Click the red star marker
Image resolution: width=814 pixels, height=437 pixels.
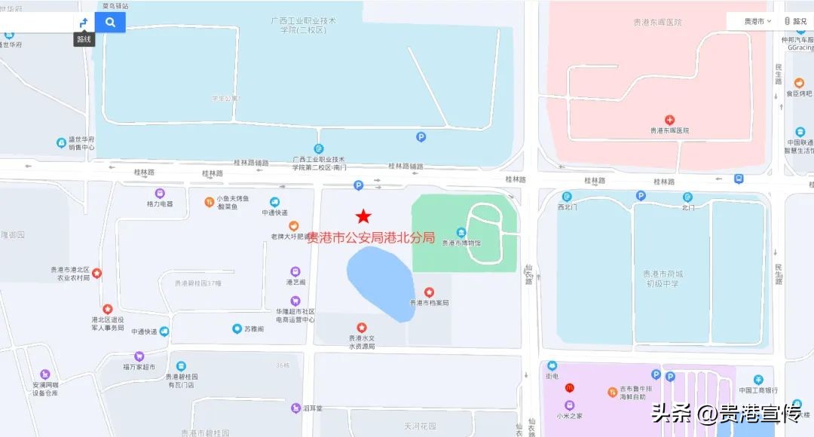[x=363, y=217]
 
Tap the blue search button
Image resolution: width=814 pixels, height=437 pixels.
[x=111, y=22]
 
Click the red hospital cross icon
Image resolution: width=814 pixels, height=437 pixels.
[x=669, y=120]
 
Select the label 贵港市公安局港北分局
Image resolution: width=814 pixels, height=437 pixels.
[x=371, y=237]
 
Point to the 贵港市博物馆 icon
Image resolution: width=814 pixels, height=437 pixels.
[x=461, y=232]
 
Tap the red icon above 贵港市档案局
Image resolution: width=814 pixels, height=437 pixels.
[x=429, y=292]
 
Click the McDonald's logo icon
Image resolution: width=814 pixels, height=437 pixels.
[x=569, y=388]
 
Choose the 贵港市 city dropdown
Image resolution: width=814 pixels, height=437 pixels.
[x=757, y=21]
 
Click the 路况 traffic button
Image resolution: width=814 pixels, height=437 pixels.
[x=795, y=21]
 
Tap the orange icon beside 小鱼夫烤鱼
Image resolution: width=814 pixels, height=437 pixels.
[x=210, y=201]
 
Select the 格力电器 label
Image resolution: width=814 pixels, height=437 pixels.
[x=160, y=203]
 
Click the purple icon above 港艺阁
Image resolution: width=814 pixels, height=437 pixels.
[x=295, y=271]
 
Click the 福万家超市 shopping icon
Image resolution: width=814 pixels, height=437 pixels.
[x=139, y=356]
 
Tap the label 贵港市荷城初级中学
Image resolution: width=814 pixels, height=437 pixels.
[x=662, y=278]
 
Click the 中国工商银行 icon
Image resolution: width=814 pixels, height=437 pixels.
[x=758, y=380]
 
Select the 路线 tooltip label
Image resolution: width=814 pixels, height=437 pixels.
[x=84, y=39]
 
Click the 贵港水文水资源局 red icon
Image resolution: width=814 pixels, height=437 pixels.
[x=361, y=327]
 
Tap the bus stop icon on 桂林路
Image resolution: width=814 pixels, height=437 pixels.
[x=739, y=179]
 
